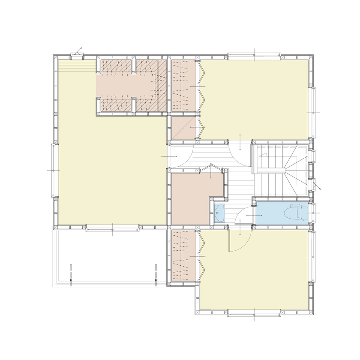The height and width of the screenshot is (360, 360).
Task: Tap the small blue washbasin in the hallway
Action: [x=220, y=213]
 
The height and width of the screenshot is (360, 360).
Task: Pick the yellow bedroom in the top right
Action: [x=257, y=99]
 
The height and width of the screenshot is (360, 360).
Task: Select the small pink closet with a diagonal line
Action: [x=183, y=128]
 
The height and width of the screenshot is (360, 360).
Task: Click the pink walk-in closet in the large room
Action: [x=129, y=86]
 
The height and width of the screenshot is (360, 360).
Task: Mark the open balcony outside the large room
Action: [x=107, y=257]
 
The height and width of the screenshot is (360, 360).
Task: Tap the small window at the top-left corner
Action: [x=77, y=55]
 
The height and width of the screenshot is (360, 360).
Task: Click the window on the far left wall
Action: [x=54, y=170]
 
